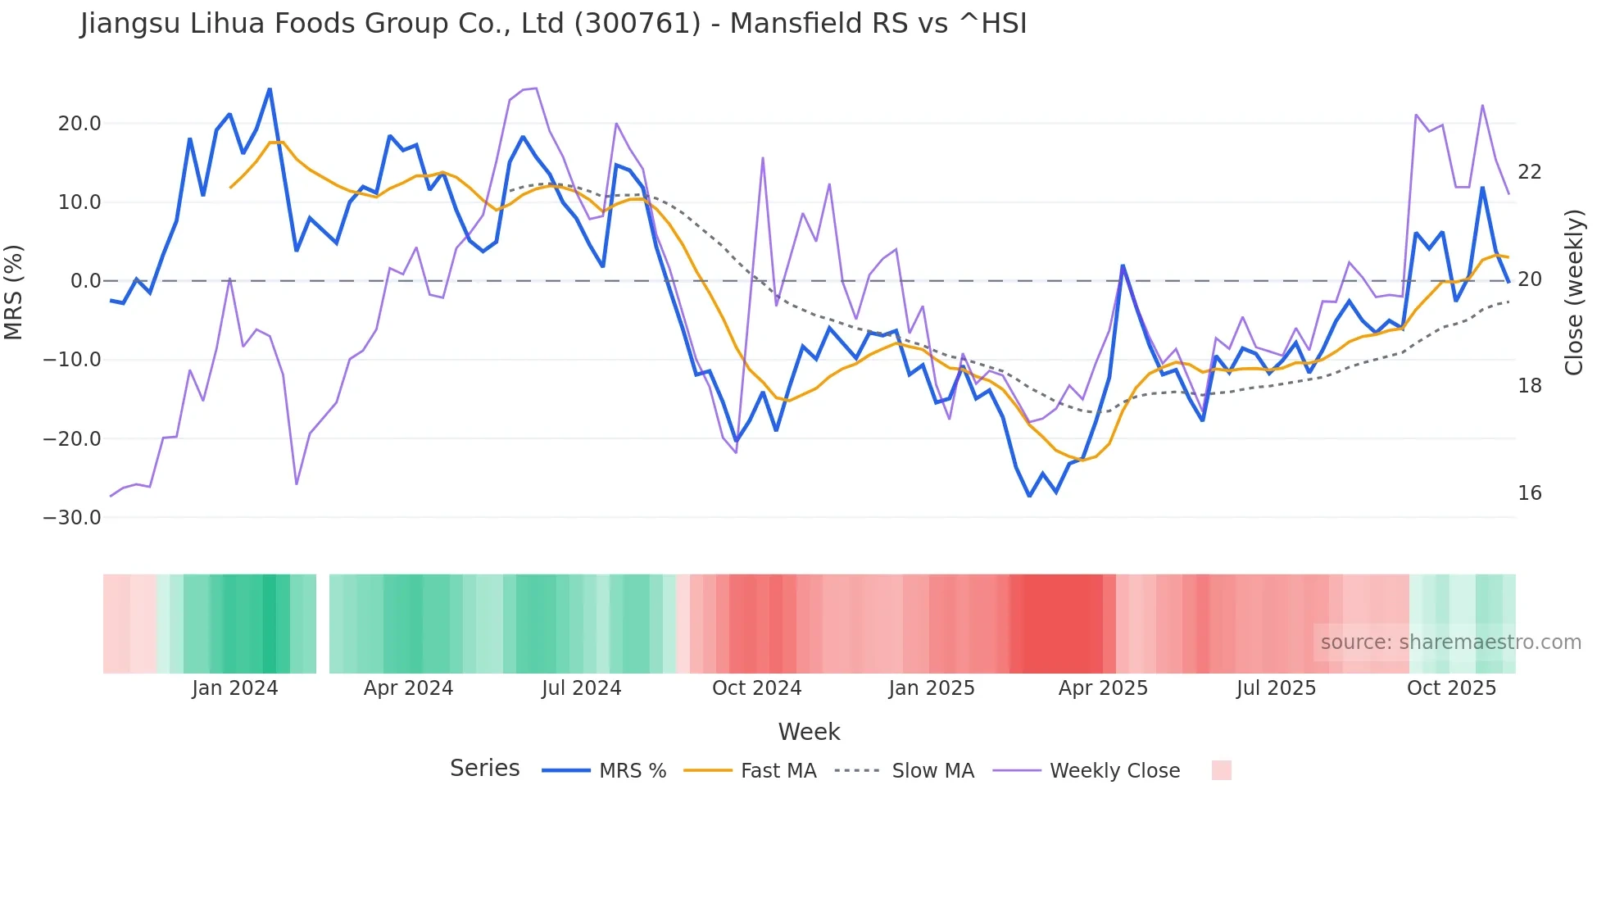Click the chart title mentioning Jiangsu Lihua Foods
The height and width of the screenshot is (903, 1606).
pyautogui.click(x=553, y=23)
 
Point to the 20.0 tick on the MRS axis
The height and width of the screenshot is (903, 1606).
pyautogui.click(x=79, y=124)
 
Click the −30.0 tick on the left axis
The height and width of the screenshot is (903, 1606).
pyautogui.click(x=73, y=518)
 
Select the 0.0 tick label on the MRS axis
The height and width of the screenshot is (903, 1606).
pyautogui.click(x=85, y=281)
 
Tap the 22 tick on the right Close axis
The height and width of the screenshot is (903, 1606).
pyautogui.click(x=1529, y=172)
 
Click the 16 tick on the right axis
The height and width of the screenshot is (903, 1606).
pyautogui.click(x=1529, y=493)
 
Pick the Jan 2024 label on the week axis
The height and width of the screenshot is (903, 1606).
pyautogui.click(x=235, y=688)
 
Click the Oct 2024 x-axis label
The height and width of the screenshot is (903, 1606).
pyautogui.click(x=756, y=688)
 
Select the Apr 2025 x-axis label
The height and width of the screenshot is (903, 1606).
pyautogui.click(x=1103, y=688)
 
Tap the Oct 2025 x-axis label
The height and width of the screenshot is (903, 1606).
pyautogui.click(x=1451, y=688)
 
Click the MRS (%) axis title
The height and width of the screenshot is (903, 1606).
pyautogui.click(x=13, y=292)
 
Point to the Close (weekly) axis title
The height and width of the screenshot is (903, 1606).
pyautogui.click(x=1573, y=292)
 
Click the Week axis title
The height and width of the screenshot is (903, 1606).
pyautogui.click(x=809, y=732)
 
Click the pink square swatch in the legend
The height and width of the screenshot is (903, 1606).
pyautogui.click(x=1221, y=770)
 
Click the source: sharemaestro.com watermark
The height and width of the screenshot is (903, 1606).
pyautogui.click(x=1450, y=642)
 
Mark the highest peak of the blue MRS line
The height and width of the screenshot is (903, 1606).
pyautogui.click(x=270, y=89)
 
